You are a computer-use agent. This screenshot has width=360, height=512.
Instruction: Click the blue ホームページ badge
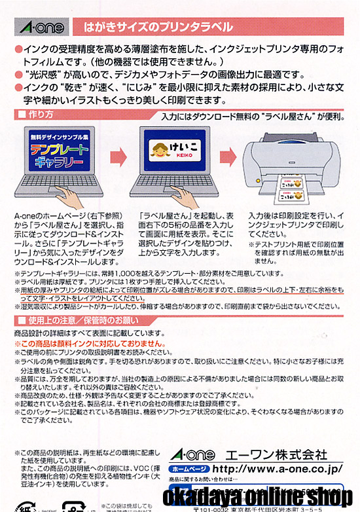tap(189, 469)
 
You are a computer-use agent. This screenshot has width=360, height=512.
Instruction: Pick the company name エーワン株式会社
tap(288, 454)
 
